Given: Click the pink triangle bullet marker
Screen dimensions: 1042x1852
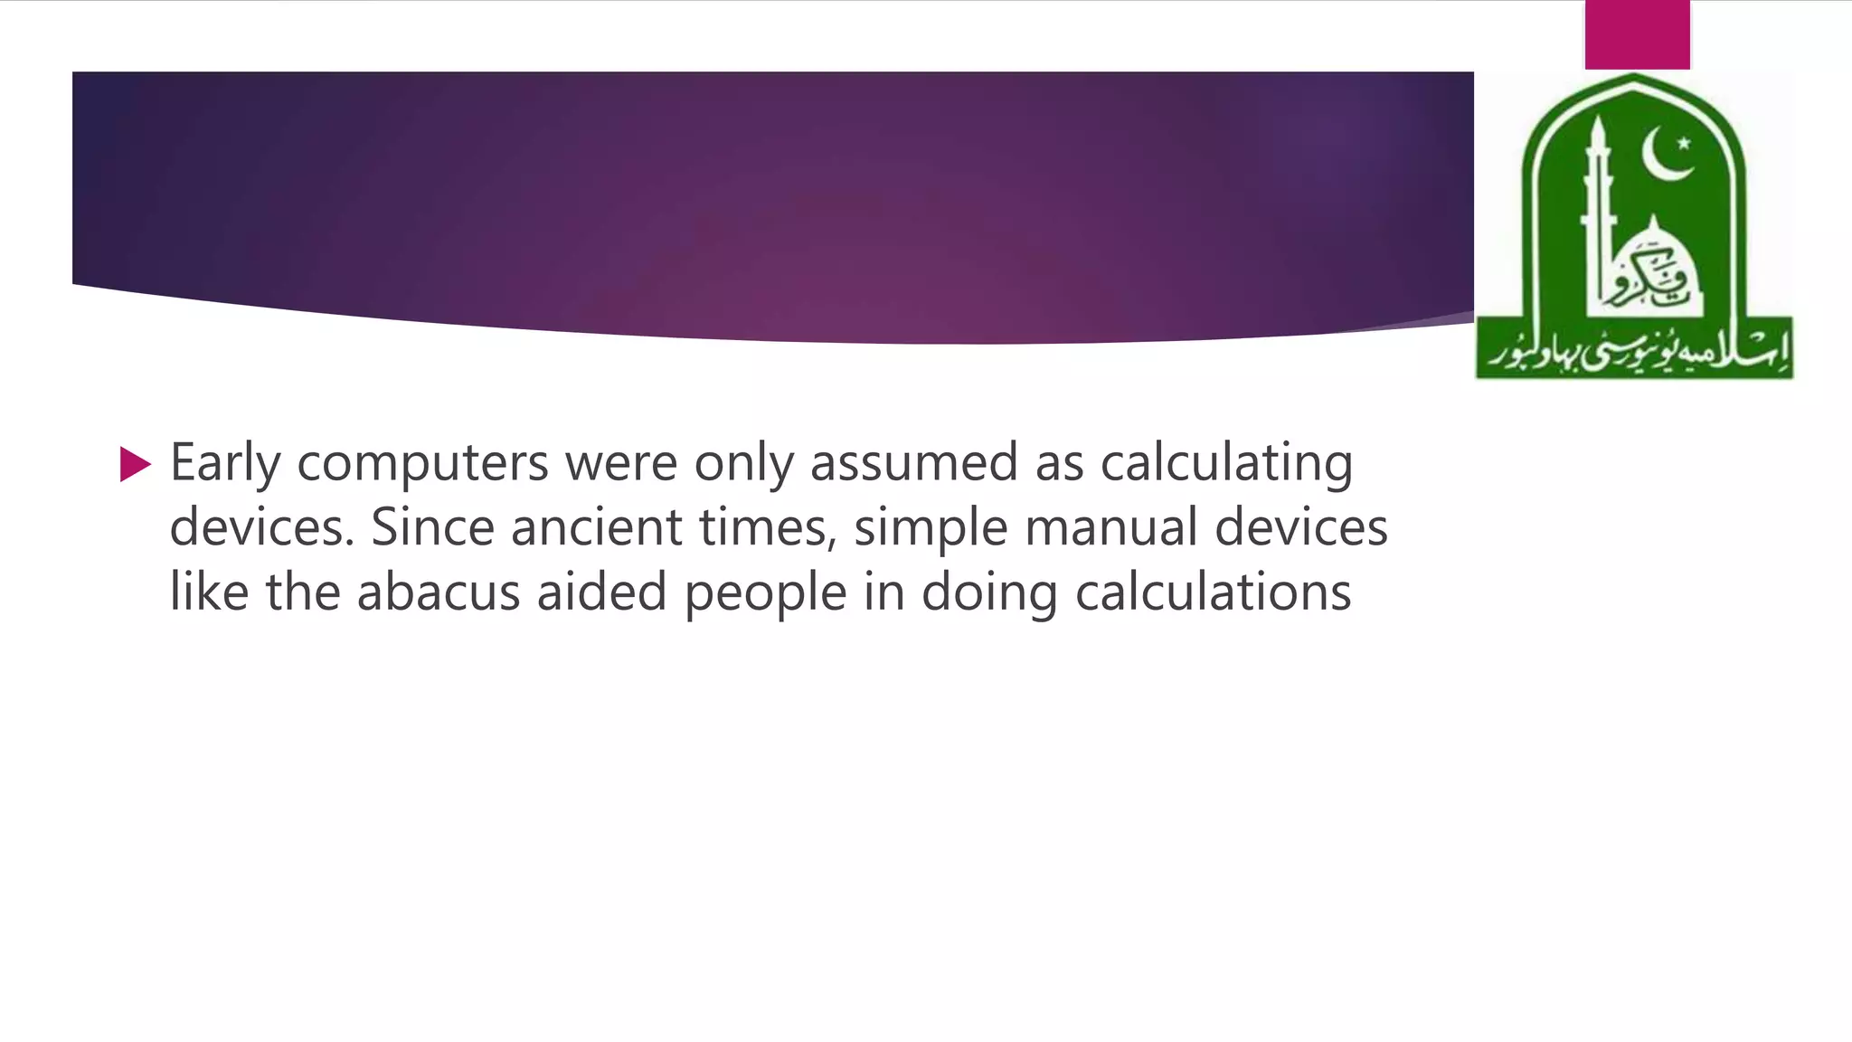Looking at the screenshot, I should [x=135, y=464].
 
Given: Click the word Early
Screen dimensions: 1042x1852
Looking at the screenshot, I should [x=225, y=464].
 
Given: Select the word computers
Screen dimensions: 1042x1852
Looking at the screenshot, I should [x=422, y=464].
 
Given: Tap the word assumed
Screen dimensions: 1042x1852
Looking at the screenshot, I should [x=913, y=462].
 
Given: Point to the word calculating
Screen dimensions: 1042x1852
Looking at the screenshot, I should [x=1226, y=464].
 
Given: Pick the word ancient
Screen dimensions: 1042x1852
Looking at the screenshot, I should [x=596, y=527].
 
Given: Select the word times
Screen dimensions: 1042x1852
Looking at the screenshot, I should [x=768, y=528].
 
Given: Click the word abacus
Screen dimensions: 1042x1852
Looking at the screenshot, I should [x=439, y=592].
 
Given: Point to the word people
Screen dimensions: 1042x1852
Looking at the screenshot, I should [x=765, y=594].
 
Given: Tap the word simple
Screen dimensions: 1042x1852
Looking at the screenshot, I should [x=931, y=529].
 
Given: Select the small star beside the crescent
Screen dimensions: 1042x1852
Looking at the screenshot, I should [x=1684, y=143].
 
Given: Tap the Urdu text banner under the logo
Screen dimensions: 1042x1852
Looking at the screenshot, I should [x=1634, y=348].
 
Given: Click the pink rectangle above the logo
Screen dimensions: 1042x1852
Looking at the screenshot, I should [x=1637, y=34].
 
